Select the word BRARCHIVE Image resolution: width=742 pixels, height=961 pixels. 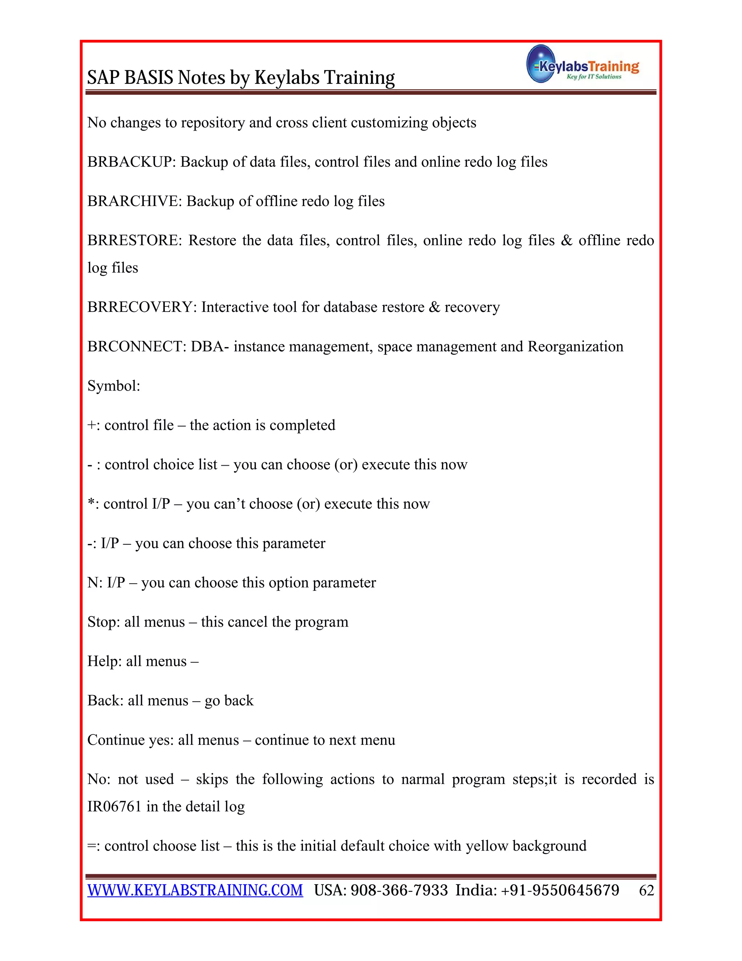(x=134, y=201)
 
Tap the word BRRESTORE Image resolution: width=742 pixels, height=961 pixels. (x=134, y=240)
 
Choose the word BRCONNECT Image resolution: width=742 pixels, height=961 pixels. (x=136, y=346)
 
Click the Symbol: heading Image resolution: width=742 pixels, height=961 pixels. (x=113, y=386)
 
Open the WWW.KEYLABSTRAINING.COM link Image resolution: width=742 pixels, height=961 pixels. (x=195, y=890)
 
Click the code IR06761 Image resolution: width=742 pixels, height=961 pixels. (x=114, y=806)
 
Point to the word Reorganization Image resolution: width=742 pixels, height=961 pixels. (x=575, y=346)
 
